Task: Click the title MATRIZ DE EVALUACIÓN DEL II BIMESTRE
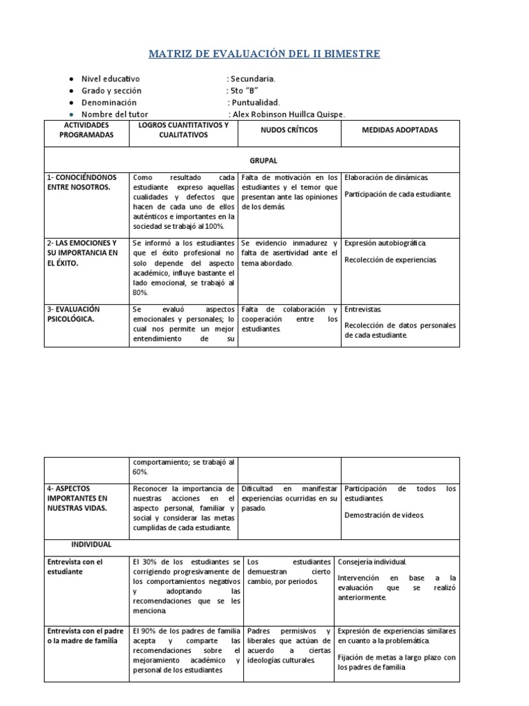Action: click(x=264, y=54)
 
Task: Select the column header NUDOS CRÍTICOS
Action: click(x=289, y=130)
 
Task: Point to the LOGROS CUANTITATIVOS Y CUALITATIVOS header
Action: click(x=183, y=130)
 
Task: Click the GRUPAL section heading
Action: click(x=264, y=161)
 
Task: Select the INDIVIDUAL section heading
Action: click(x=86, y=544)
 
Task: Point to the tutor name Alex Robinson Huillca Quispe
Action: click(x=289, y=114)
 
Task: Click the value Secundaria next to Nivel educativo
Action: click(x=253, y=79)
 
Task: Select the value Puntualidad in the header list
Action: click(x=255, y=103)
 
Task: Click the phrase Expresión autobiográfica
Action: click(x=386, y=243)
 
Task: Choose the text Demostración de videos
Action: click(x=384, y=516)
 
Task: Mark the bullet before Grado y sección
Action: click(x=72, y=91)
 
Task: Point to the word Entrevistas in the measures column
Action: click(x=362, y=310)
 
